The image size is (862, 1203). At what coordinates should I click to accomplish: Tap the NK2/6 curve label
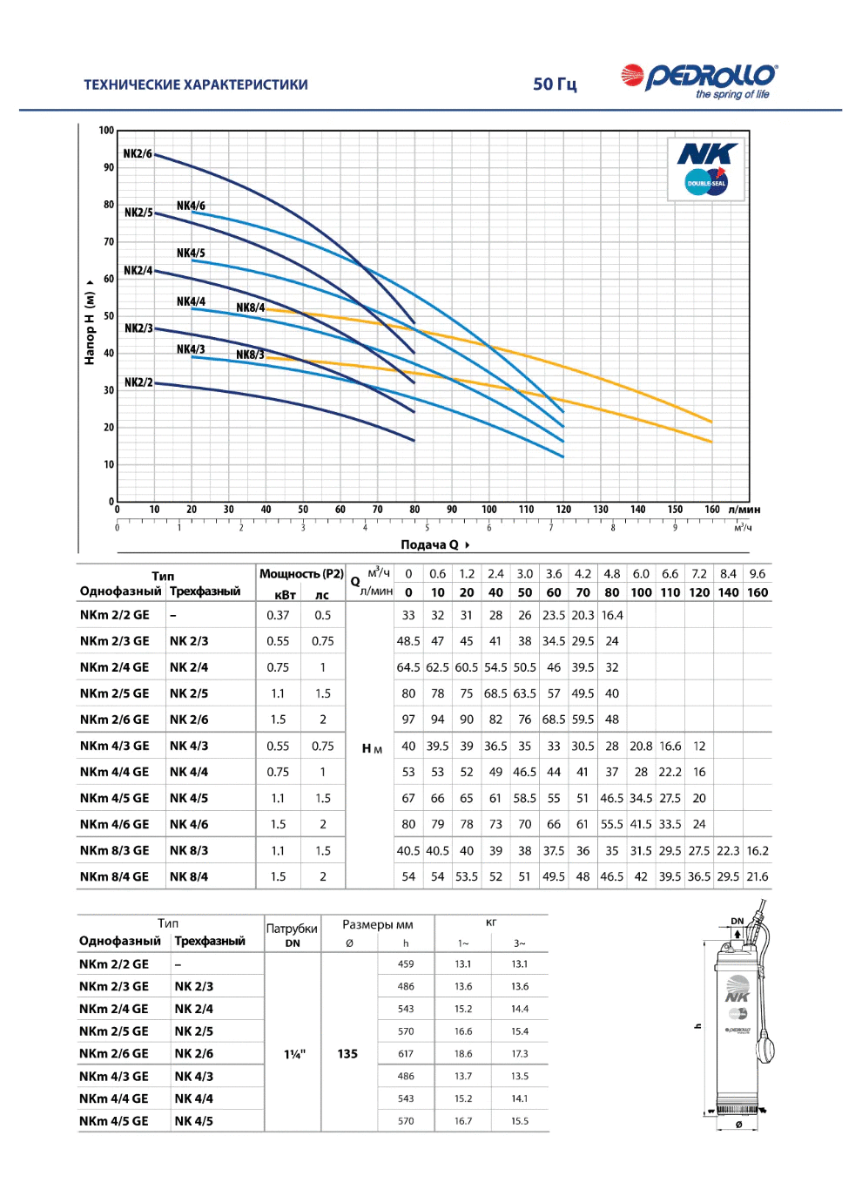tap(138, 153)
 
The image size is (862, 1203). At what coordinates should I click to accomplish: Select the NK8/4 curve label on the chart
tap(250, 308)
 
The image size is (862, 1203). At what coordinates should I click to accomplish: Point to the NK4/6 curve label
tap(191, 206)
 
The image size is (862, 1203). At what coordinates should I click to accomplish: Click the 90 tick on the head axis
tap(109, 167)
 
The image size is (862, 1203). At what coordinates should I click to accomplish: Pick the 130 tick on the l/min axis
tap(600, 509)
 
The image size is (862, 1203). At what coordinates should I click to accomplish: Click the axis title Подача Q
tap(429, 544)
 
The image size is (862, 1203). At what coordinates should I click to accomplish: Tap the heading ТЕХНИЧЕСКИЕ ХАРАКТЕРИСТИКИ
tap(196, 84)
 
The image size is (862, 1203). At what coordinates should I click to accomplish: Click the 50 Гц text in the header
tap(555, 84)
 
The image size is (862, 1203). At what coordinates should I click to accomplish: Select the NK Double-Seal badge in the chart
tap(706, 169)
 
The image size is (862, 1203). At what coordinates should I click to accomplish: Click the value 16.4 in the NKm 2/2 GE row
tap(611, 615)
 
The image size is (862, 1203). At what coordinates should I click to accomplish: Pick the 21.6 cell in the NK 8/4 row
tap(757, 876)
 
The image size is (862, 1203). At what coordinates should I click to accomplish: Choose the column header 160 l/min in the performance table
tap(757, 592)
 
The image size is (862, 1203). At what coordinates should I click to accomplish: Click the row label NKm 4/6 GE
tap(114, 824)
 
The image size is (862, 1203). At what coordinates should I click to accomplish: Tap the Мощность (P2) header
tap(301, 573)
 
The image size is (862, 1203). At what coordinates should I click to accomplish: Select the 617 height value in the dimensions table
tap(405, 1054)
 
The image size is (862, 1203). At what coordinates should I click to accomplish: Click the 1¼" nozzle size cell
tap(294, 1054)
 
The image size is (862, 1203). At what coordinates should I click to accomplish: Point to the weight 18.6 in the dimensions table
tap(462, 1054)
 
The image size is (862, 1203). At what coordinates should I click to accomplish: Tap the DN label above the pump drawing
tap(737, 921)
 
